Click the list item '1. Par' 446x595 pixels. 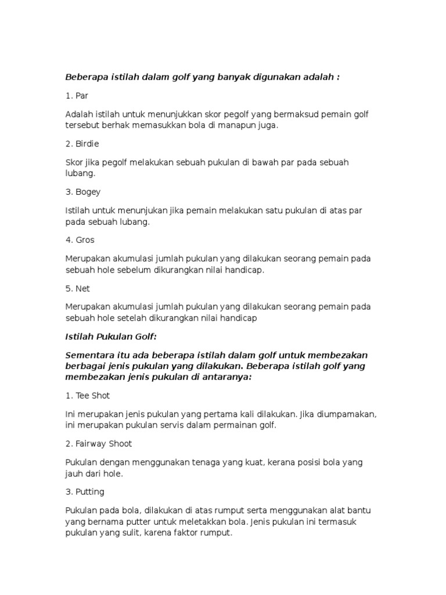point(77,95)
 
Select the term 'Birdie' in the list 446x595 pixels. point(88,144)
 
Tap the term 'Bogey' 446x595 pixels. point(88,192)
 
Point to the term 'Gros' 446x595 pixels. point(85,240)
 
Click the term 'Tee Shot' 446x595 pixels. point(92,396)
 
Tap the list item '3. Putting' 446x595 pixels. point(90,492)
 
